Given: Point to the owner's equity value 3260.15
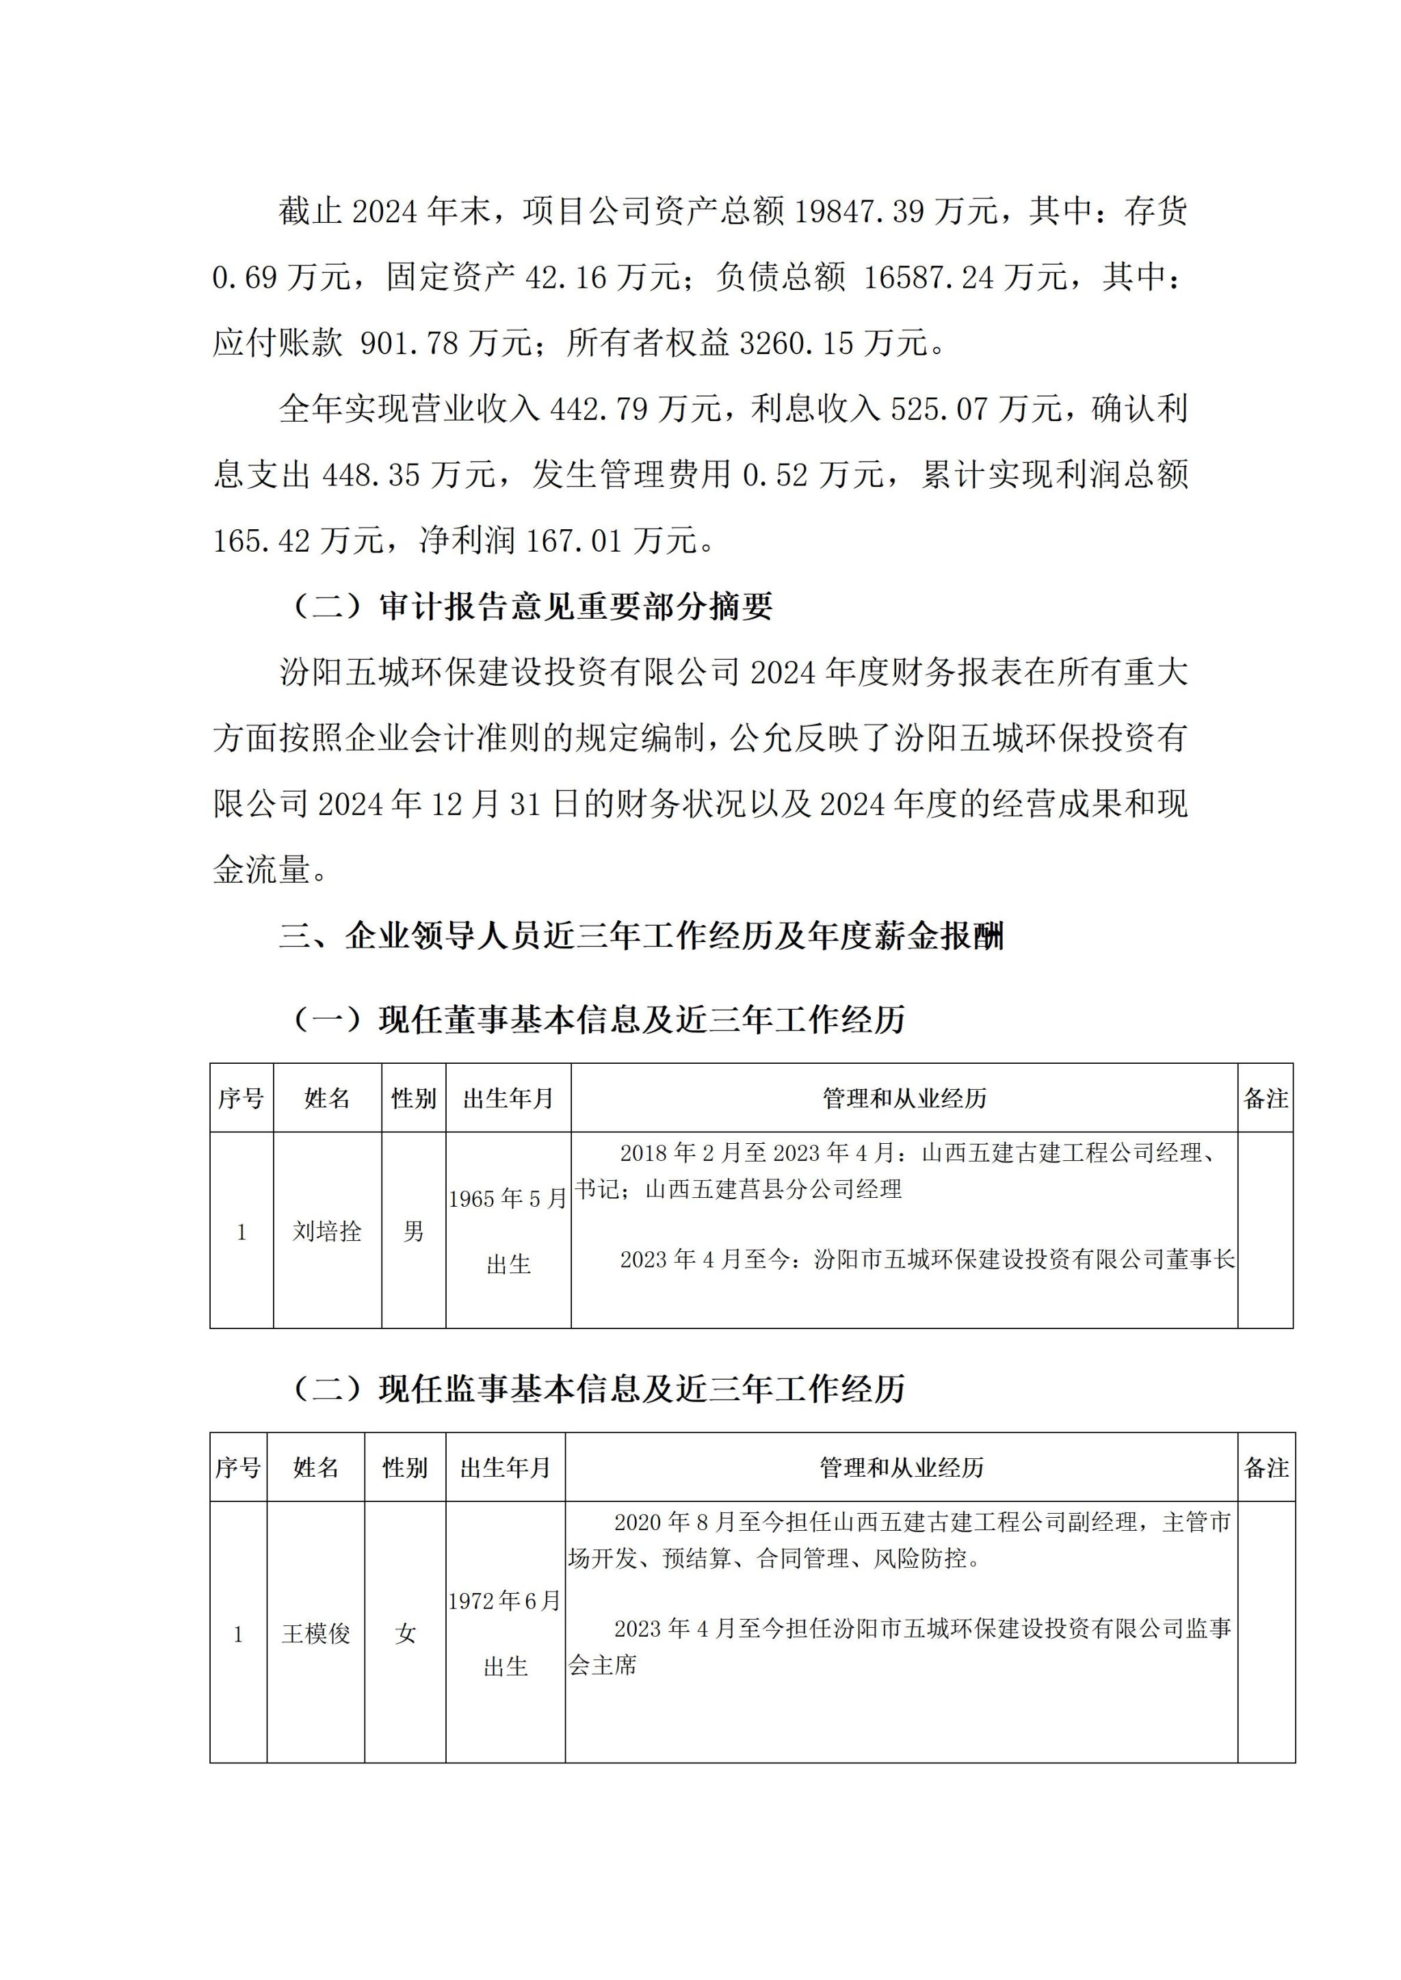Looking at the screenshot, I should pos(796,343).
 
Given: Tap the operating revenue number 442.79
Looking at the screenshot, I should pos(598,409).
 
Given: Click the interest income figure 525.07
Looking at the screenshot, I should pos(939,409).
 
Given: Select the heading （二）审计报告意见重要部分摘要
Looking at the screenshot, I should pos(532,607).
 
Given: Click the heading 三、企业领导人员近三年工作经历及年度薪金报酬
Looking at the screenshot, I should pos(641,936).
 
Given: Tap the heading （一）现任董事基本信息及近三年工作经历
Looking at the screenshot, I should pos(598,1020).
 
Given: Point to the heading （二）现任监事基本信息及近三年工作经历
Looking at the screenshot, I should pos(598,1389).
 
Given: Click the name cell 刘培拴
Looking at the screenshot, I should pos(327,1231).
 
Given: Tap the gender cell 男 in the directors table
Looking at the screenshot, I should pos(413,1231).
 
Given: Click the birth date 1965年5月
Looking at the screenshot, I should pos(508,1199).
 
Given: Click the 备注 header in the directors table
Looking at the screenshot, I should pos(1266,1099).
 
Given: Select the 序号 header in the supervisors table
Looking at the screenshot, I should pos(238,1468).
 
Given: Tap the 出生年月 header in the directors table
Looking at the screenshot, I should pos(508,1099).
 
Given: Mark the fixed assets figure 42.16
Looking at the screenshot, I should pos(567,278).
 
